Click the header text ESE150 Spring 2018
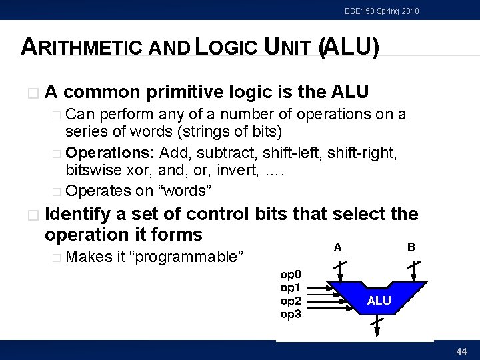click(382, 11)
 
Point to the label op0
click(291, 273)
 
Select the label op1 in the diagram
click(291, 287)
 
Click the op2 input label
click(291, 301)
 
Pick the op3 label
click(291, 314)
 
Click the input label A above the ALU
click(338, 247)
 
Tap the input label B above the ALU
click(411, 247)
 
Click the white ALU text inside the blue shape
click(379, 301)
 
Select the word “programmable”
click(189, 257)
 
